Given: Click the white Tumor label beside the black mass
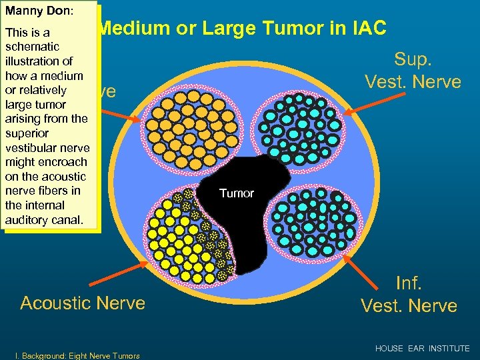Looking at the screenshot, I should pyautogui.click(x=237, y=193).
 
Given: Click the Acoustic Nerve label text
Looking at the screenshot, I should pyautogui.click(x=83, y=303).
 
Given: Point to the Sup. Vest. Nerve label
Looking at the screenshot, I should pyautogui.click(x=412, y=70).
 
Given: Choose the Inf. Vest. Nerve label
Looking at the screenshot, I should pyautogui.click(x=409, y=295).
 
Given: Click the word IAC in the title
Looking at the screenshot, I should pyautogui.click(x=367, y=29).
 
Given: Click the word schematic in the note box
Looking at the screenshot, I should pyautogui.click(x=32, y=47).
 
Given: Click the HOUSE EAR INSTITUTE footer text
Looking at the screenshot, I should pyautogui.click(x=422, y=349).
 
